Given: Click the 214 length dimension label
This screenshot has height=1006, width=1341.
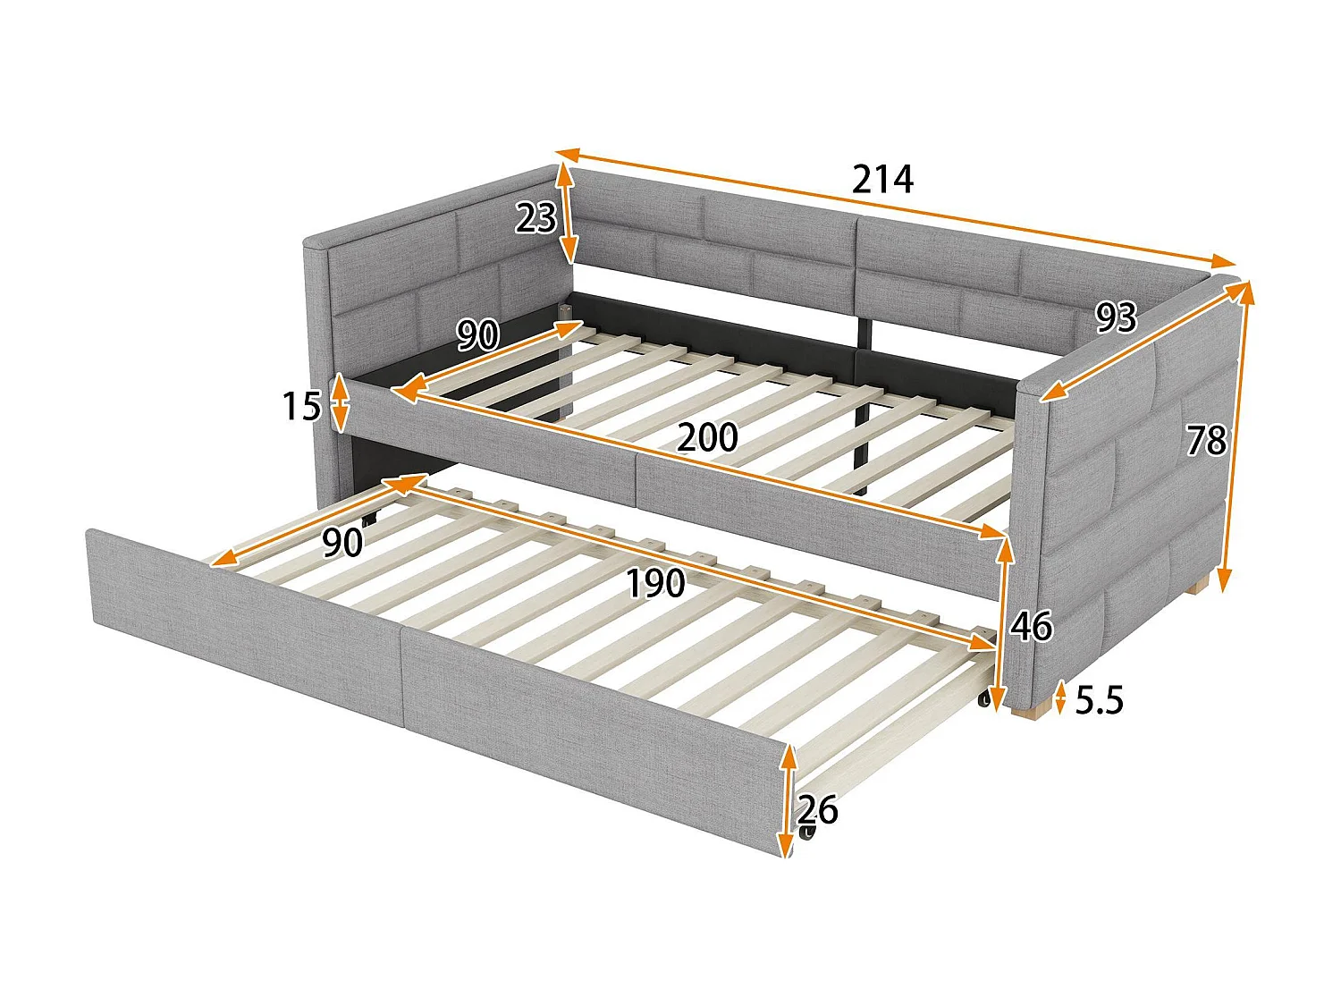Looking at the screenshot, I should (882, 180).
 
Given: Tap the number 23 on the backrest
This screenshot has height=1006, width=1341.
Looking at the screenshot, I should (536, 217).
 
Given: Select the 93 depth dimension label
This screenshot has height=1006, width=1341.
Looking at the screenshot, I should (1116, 317).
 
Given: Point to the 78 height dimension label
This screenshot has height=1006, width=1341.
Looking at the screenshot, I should (1206, 441).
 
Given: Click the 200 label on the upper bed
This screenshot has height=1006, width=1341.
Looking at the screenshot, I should (707, 438).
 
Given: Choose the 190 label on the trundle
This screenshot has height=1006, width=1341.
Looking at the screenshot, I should (654, 584).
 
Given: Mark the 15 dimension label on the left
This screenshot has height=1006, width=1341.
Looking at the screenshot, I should (301, 407).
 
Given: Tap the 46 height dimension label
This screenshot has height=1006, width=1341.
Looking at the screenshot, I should (1031, 627).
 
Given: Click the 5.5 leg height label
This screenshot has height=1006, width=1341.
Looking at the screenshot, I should (1099, 700).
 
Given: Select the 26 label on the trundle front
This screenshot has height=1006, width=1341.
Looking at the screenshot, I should (818, 810).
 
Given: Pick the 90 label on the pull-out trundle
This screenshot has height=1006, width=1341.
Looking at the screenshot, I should (342, 542).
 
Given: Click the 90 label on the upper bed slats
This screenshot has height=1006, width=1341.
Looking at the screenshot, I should (477, 335).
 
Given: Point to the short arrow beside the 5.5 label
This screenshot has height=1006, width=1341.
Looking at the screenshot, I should (1060, 698).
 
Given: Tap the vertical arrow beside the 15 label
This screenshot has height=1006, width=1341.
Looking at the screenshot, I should (340, 403).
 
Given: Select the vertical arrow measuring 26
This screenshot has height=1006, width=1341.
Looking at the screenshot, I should (787, 799).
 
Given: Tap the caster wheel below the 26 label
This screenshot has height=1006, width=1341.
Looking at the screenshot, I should (809, 833).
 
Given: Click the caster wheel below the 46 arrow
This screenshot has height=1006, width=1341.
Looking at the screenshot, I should (985, 700).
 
